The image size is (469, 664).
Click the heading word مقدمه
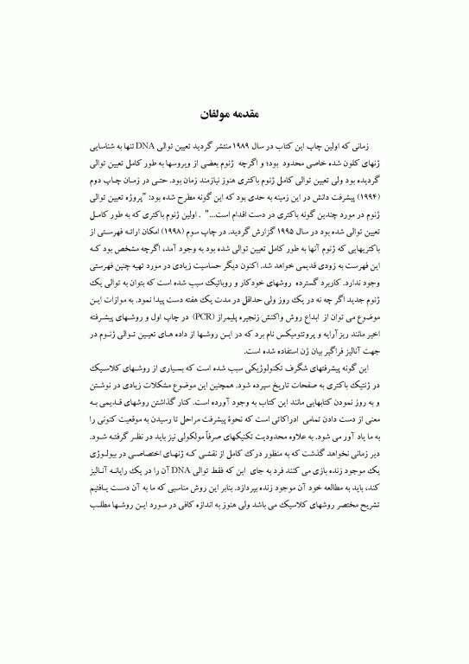pyautogui.click(x=254, y=113)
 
